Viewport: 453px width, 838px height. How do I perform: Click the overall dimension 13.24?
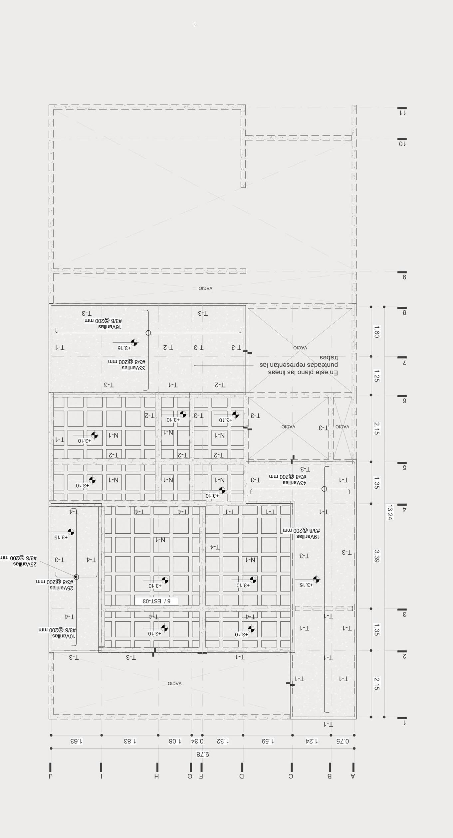(x=390, y=512)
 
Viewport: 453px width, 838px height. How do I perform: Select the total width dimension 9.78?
(x=202, y=754)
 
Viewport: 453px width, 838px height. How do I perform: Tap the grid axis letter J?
(x=50, y=776)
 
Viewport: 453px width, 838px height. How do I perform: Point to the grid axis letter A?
(x=353, y=776)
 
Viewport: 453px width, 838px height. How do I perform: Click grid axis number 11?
(x=403, y=113)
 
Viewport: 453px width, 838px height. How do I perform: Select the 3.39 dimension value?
(x=376, y=556)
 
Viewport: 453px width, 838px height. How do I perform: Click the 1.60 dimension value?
(x=376, y=332)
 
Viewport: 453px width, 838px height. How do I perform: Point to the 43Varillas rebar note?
(x=295, y=482)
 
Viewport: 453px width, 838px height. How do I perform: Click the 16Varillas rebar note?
(x=110, y=327)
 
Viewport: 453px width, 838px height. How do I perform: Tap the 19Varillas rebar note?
(x=308, y=537)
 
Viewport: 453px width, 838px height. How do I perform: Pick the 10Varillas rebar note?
(x=64, y=636)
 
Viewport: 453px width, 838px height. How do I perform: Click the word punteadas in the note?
(x=321, y=365)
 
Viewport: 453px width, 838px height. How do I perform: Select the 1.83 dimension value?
(x=130, y=741)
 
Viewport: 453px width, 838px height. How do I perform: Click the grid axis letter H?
(x=156, y=776)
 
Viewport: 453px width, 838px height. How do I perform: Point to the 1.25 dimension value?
(x=376, y=376)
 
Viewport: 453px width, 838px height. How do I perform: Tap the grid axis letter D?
(x=242, y=776)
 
